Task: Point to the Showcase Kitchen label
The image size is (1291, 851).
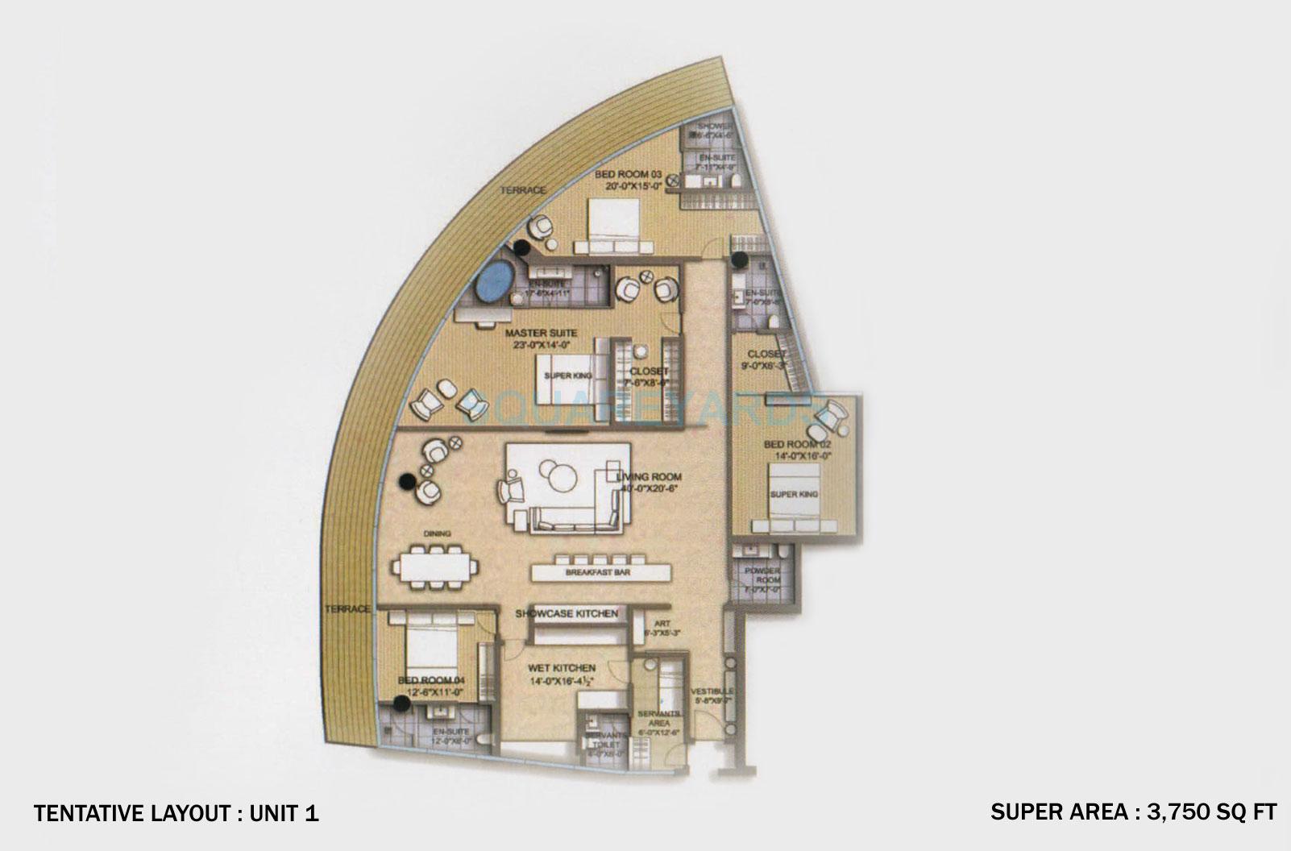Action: (567, 614)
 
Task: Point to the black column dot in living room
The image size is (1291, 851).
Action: (409, 482)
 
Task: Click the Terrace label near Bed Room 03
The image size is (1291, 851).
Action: (522, 190)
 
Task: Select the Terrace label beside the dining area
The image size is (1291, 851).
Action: (347, 608)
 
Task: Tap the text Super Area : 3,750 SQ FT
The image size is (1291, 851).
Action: (1133, 812)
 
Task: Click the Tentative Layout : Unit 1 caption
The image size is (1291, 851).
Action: (176, 814)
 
